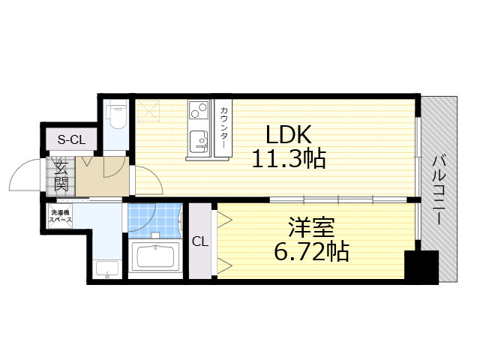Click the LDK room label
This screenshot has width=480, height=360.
(286, 136)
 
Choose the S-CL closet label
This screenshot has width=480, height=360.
(72, 139)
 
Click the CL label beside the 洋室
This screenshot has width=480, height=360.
(200, 241)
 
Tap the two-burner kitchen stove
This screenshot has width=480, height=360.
(198, 111)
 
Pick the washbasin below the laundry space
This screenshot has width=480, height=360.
(108, 268)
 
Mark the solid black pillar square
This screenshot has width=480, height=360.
(421, 267)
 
